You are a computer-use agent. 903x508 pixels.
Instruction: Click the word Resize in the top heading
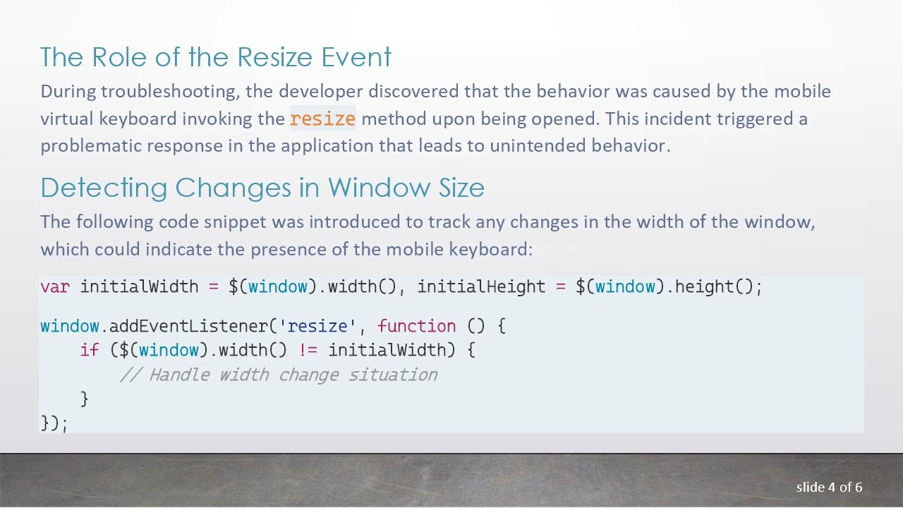tap(275, 57)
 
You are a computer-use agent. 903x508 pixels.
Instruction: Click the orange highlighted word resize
tap(322, 119)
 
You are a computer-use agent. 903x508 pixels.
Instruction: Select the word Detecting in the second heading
tap(104, 188)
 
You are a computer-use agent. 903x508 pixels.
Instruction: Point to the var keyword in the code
tap(54, 286)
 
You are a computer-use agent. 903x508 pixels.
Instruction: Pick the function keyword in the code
tap(416, 326)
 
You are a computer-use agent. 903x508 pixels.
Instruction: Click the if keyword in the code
tap(90, 350)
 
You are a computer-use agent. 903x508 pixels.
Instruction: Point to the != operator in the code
tap(308, 350)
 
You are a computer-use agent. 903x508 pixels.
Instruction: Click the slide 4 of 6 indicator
tap(829, 487)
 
